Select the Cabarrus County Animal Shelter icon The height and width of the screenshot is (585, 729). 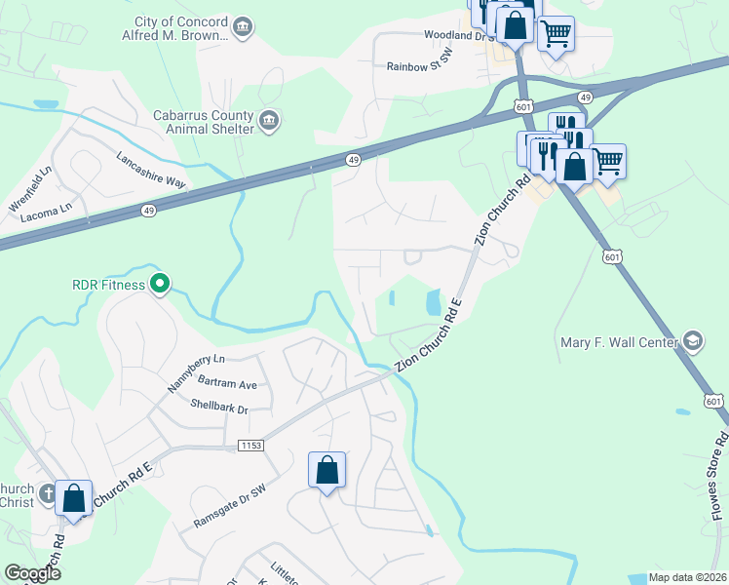point(270,122)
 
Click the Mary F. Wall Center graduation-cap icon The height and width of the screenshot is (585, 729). point(692,341)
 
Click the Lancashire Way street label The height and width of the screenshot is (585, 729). point(150,171)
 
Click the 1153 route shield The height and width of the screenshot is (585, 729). point(250,446)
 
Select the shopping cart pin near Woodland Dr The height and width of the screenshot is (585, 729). point(556,34)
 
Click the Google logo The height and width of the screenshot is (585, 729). point(32,573)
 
